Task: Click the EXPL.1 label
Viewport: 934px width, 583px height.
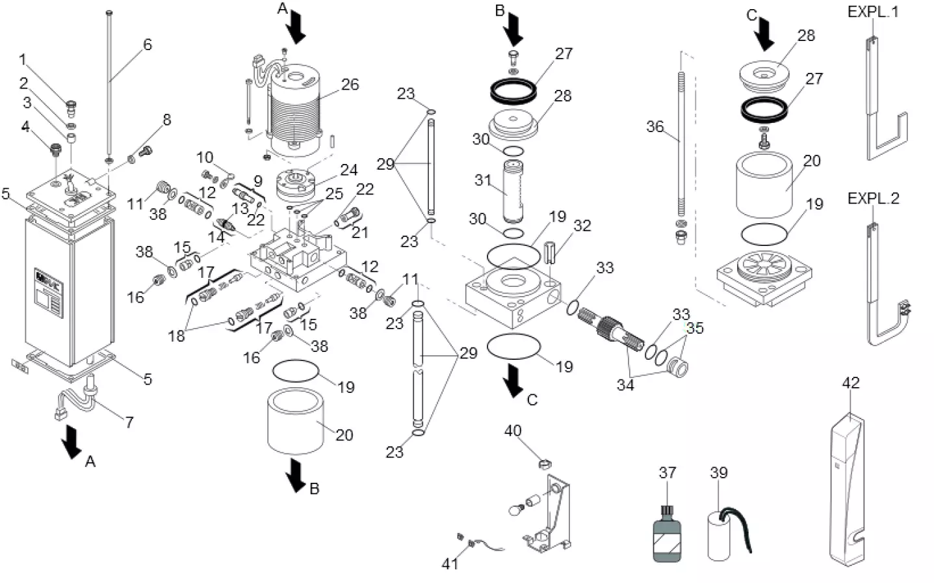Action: tap(873, 12)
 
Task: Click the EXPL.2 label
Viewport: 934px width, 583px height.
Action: tap(873, 198)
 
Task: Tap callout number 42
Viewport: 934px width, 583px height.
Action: tap(850, 383)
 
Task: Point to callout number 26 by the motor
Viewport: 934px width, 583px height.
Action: tap(350, 85)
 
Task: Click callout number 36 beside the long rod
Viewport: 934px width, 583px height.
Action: tap(655, 126)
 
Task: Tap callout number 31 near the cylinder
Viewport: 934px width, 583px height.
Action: tap(482, 180)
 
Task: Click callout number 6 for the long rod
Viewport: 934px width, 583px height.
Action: tap(148, 45)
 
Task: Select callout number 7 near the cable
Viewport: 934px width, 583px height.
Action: tap(129, 422)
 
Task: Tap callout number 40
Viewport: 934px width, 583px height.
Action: tap(513, 431)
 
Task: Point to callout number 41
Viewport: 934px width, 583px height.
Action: tap(450, 563)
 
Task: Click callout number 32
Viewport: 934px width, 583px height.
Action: tap(582, 226)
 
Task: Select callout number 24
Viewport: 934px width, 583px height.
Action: tap(349, 170)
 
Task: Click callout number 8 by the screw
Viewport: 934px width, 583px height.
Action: tap(167, 120)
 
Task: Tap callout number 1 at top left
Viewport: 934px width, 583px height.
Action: tap(23, 61)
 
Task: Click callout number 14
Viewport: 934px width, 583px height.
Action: tap(216, 237)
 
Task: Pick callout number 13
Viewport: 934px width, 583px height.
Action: tap(240, 208)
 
